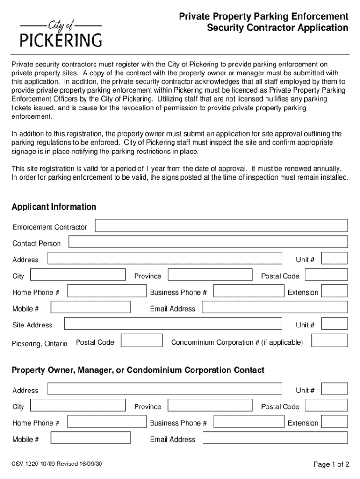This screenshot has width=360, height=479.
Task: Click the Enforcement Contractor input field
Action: pyautogui.click(x=221, y=225)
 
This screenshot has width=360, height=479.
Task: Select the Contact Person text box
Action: pyautogui.click(x=208, y=242)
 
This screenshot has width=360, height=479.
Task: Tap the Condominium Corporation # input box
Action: pyautogui.click(x=330, y=341)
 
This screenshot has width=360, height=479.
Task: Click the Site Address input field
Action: pyautogui.click(x=173, y=324)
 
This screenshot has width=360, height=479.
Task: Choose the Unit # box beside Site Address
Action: pyautogui.click(x=335, y=324)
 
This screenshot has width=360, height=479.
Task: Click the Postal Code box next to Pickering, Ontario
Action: pyautogui.click(x=142, y=341)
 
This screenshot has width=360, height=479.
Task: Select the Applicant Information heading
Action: pyautogui.click(x=54, y=207)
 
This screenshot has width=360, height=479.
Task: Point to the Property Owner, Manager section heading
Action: pyautogui.click(x=138, y=370)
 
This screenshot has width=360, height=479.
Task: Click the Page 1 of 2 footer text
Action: pyautogui.click(x=331, y=464)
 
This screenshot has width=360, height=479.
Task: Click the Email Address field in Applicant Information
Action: pyautogui.click(x=275, y=307)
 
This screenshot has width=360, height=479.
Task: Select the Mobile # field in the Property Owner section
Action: pyautogui.click(x=91, y=438)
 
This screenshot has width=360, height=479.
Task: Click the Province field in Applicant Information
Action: pyautogui.click(x=210, y=275)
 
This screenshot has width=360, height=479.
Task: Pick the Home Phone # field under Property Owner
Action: pyautogui.click(x=107, y=421)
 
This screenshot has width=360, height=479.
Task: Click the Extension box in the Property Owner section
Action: pyautogui.click(x=335, y=421)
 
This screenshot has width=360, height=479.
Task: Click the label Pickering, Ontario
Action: pyautogui.click(x=40, y=344)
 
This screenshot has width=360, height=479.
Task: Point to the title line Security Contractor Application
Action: pyautogui.click(x=278, y=28)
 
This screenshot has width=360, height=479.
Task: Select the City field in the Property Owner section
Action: pyautogui.click(x=78, y=405)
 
